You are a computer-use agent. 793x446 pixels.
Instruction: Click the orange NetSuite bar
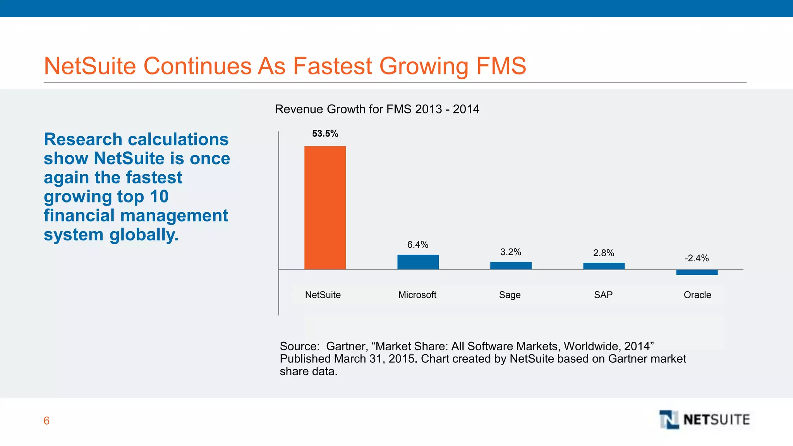click(325, 208)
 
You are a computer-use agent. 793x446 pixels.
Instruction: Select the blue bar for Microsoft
click(418, 262)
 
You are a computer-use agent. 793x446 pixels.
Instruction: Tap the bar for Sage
click(511, 266)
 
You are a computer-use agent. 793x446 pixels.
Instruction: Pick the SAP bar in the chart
click(604, 266)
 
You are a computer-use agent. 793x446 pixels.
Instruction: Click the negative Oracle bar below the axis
click(697, 273)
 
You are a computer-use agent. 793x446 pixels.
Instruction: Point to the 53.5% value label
click(325, 134)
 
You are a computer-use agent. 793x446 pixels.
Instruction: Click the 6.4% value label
click(417, 245)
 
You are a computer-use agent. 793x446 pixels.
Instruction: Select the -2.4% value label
click(696, 258)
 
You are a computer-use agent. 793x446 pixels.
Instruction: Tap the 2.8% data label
click(603, 253)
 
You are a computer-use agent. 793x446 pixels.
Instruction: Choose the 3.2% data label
click(510, 252)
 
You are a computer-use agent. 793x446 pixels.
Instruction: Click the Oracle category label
click(697, 295)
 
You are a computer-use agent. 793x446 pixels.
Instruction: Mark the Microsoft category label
click(417, 295)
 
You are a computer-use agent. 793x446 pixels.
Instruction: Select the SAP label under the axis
click(603, 295)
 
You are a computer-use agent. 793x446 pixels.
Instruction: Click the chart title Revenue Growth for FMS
click(377, 109)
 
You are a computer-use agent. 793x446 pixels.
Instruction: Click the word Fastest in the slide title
click(332, 66)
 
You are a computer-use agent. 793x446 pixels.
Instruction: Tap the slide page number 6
click(46, 420)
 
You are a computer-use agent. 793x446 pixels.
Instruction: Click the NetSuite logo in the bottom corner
click(704, 420)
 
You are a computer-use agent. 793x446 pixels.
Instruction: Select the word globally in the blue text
click(144, 235)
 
